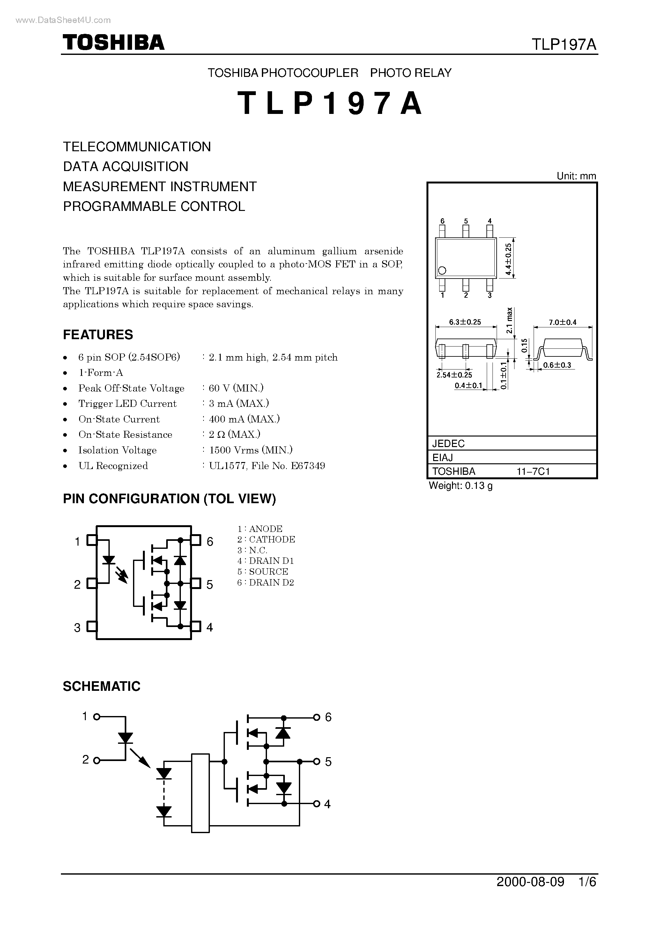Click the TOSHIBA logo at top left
click(x=113, y=42)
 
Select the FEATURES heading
click(x=98, y=334)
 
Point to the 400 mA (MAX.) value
click(x=244, y=419)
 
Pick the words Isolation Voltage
click(x=117, y=450)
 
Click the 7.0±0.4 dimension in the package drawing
click(x=563, y=322)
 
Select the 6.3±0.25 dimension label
click(x=465, y=322)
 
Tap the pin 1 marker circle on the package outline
click(x=442, y=270)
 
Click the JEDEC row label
click(x=448, y=443)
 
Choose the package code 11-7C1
click(x=533, y=471)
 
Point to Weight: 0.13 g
click(x=461, y=486)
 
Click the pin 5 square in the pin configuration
click(x=196, y=584)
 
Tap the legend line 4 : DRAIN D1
click(x=266, y=561)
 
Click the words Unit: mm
click(x=576, y=176)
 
